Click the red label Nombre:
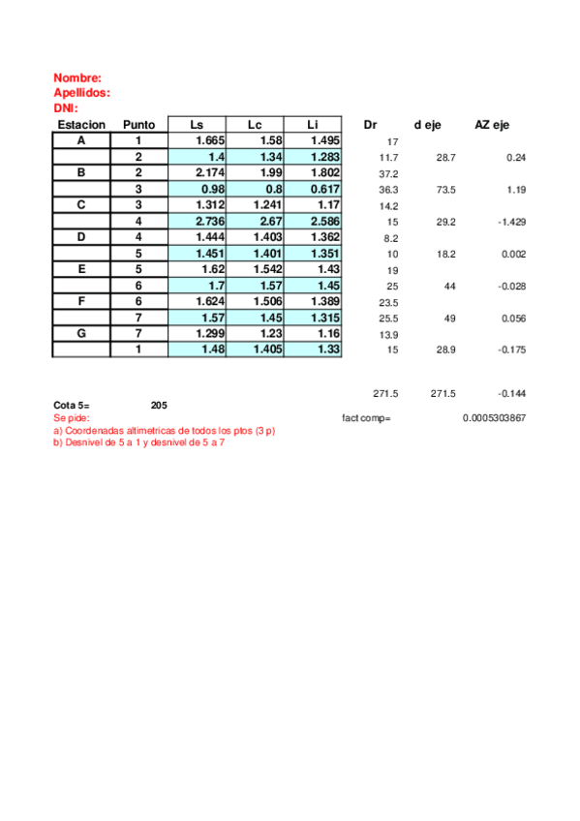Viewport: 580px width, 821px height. point(77,77)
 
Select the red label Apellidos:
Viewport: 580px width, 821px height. point(81,93)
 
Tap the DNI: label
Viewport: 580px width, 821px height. point(66,108)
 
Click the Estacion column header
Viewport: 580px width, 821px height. point(81,125)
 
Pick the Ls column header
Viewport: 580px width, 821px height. point(197,125)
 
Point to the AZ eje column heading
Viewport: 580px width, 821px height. point(493,125)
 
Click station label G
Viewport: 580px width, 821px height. point(81,333)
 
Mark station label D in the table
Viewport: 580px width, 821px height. point(81,237)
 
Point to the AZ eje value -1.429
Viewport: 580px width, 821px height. point(509,222)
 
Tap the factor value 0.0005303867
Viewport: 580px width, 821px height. point(495,418)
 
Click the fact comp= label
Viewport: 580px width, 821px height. point(367,418)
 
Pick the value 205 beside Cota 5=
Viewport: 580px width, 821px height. point(159,405)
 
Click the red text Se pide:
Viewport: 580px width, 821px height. point(72,417)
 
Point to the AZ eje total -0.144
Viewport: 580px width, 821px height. point(510,394)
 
